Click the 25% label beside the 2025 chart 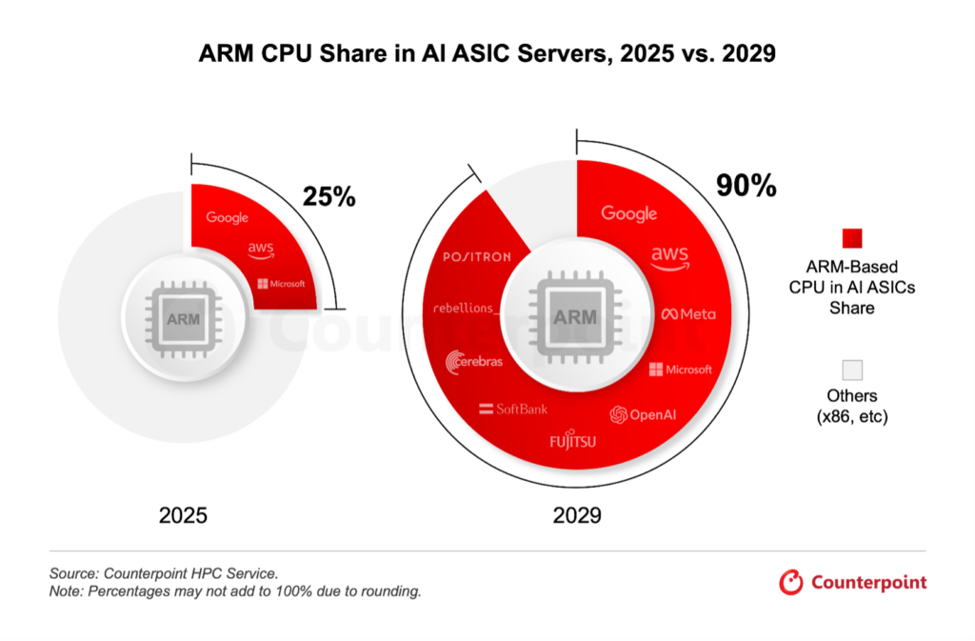tap(328, 197)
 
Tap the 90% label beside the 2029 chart tap(746, 185)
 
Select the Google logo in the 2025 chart tap(227, 217)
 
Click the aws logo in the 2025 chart tap(260, 250)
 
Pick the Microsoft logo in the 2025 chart tap(281, 284)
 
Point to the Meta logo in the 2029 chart tap(688, 314)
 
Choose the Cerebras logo tap(474, 361)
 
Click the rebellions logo tap(466, 308)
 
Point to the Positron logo tap(477, 256)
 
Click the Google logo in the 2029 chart tap(629, 213)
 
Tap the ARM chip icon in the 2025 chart tap(183, 318)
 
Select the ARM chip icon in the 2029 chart tap(575, 316)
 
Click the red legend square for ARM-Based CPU tap(852, 237)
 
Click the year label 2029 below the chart tap(577, 516)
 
